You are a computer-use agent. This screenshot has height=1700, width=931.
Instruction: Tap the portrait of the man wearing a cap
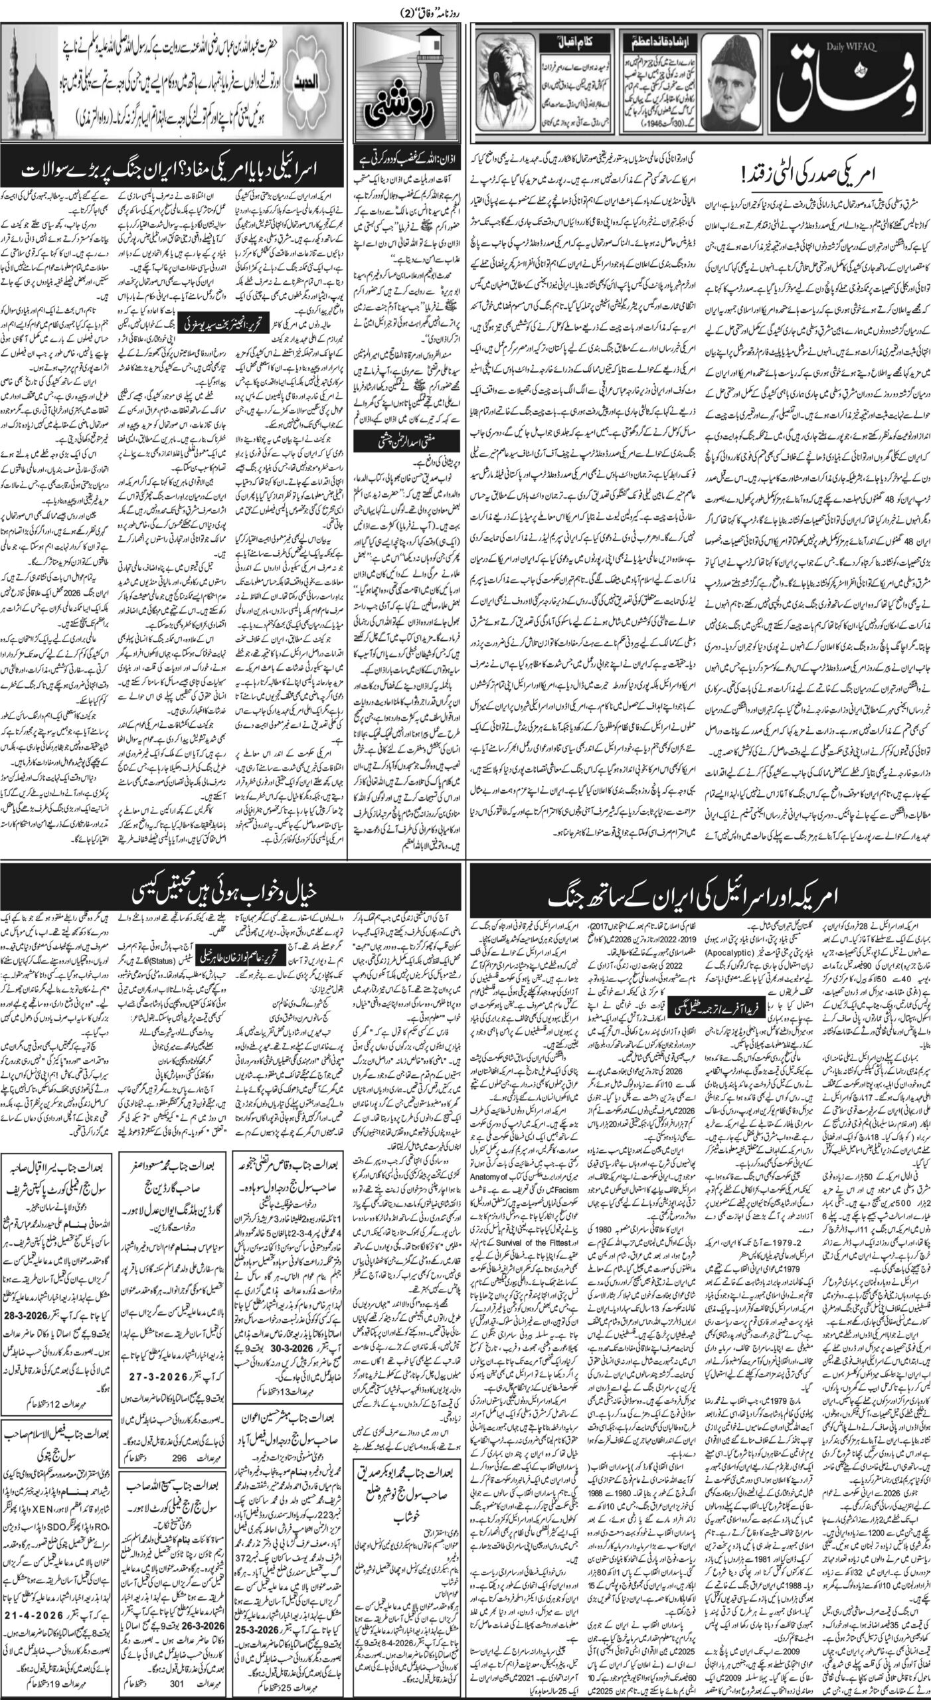tap(749, 88)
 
